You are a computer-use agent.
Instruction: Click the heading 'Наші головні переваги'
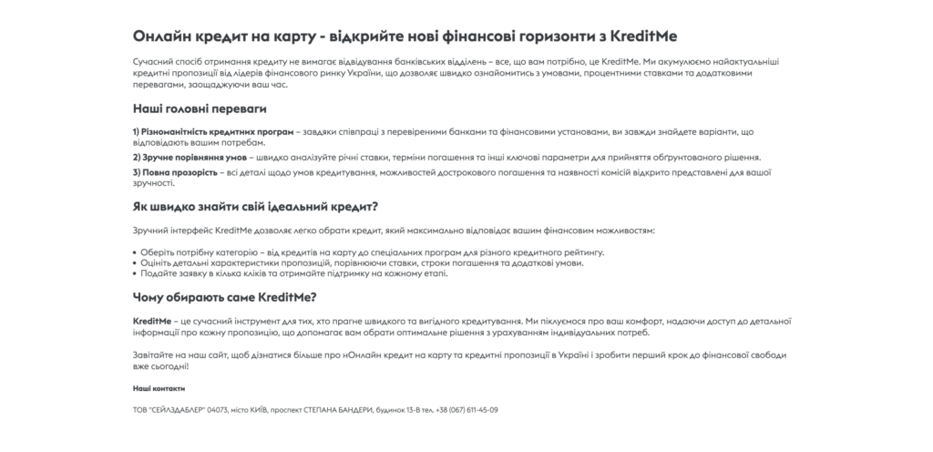(200, 108)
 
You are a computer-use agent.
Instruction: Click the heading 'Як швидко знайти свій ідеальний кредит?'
(255, 207)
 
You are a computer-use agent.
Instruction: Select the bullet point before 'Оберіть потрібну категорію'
(134, 252)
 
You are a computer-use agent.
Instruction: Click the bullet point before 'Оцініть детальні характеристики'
(134, 262)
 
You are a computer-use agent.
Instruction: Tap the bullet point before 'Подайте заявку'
(134, 273)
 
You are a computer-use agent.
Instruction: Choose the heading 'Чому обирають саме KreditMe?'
(224, 297)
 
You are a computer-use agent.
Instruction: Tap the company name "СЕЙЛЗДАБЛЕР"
(176, 410)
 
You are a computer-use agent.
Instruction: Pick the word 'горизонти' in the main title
(550, 35)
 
